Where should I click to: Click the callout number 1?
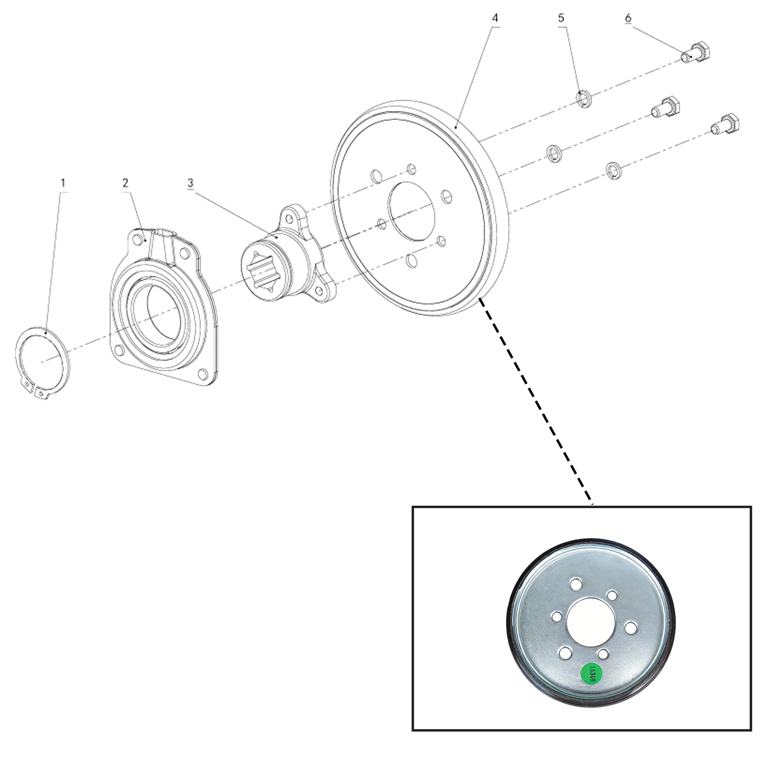63,183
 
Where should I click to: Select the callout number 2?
125,183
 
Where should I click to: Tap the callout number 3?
190,183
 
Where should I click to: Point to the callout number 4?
495,18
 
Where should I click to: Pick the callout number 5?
561,18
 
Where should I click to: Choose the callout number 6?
628,18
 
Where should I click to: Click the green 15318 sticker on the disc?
591,674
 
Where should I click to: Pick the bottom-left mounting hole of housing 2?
118,350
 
